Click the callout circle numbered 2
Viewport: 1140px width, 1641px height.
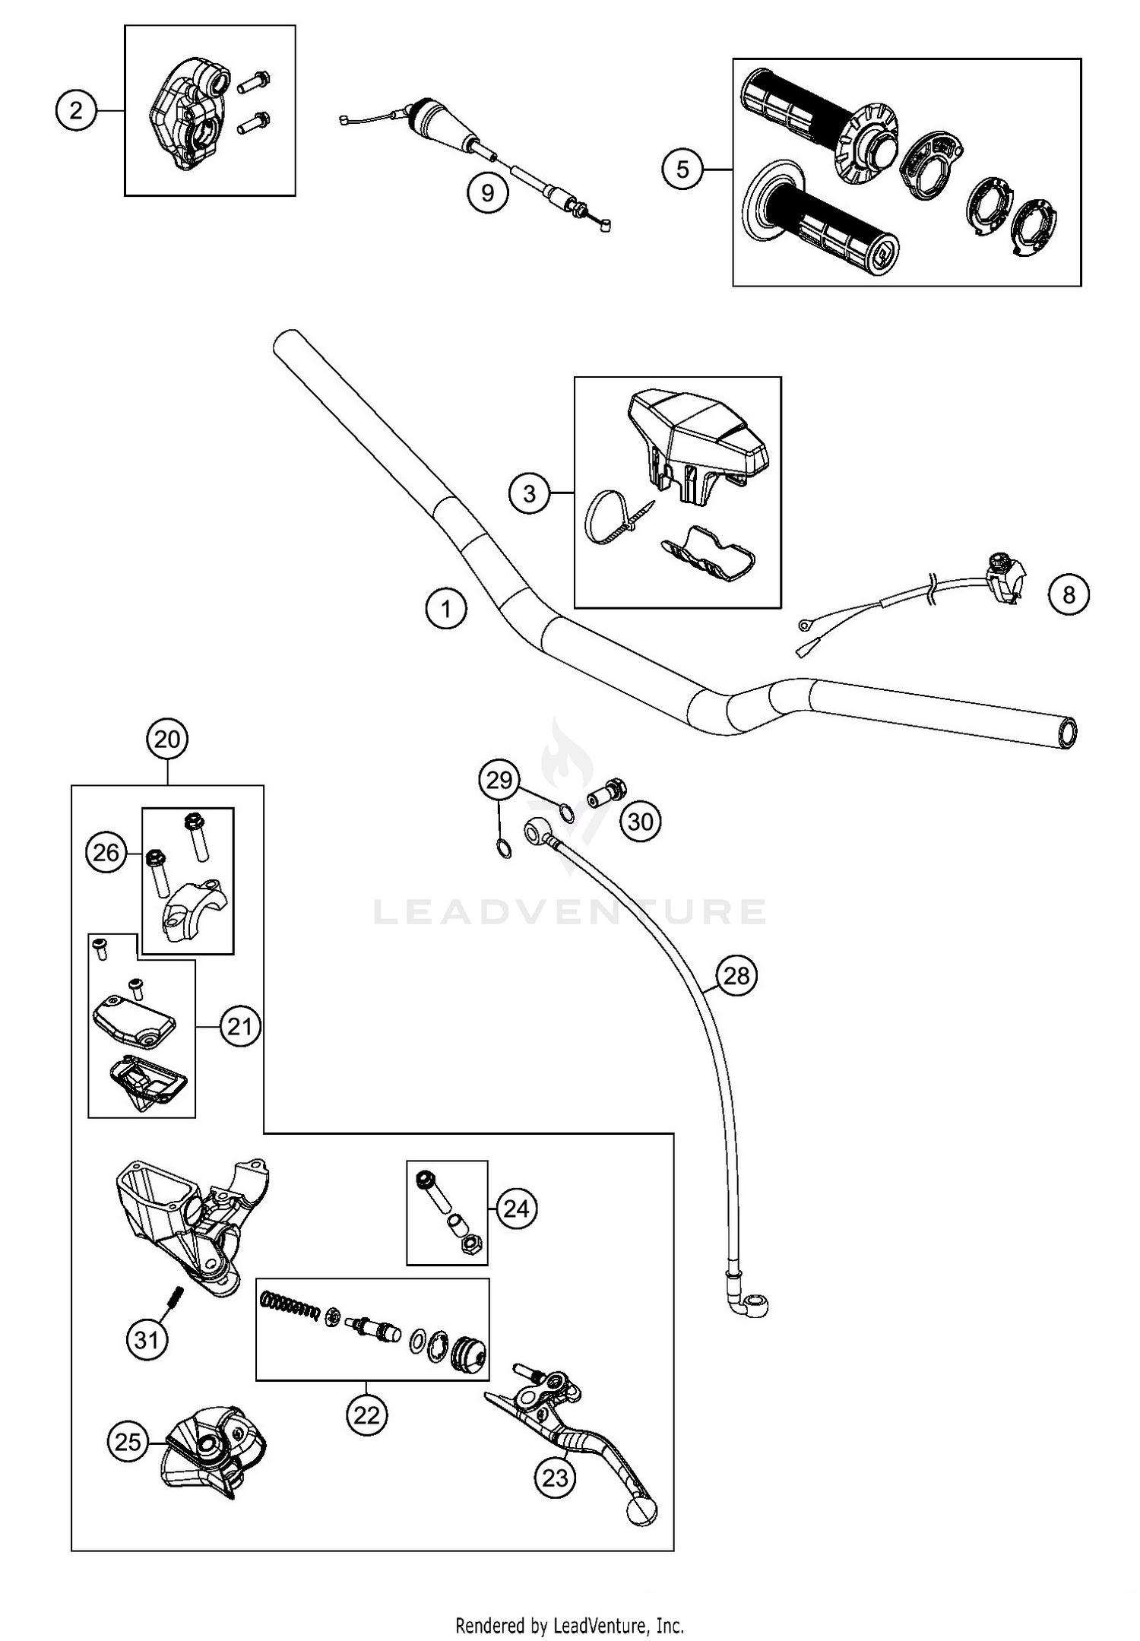tap(76, 111)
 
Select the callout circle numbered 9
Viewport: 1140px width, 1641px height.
tap(487, 192)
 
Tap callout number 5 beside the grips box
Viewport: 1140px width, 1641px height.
tap(682, 169)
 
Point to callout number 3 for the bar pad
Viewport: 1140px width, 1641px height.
tap(530, 494)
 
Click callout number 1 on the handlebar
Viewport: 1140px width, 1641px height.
tap(446, 609)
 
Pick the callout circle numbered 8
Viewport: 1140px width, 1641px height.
tap(1069, 594)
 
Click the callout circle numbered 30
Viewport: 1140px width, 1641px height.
tap(641, 822)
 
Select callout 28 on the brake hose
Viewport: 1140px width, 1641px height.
tap(736, 975)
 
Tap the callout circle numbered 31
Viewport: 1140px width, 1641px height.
tap(146, 1338)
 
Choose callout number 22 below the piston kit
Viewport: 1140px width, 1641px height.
tap(366, 1414)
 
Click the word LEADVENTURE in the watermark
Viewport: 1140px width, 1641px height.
tap(570, 912)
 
